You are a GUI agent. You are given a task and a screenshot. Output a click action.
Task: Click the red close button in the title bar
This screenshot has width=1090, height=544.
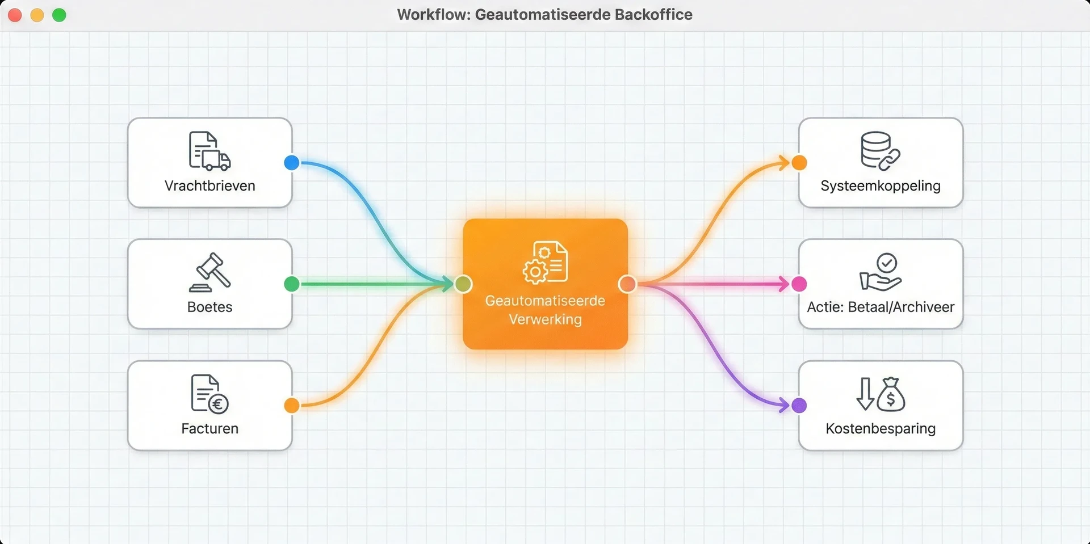(x=15, y=15)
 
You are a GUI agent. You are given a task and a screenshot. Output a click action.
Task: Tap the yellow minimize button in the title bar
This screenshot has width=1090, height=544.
(x=37, y=15)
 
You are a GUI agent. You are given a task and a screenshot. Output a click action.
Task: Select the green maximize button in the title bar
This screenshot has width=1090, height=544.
(x=59, y=15)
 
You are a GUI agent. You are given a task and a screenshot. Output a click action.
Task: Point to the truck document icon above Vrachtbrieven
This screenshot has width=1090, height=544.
(x=209, y=151)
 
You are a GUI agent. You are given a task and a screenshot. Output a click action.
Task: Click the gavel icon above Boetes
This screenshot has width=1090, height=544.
(x=210, y=272)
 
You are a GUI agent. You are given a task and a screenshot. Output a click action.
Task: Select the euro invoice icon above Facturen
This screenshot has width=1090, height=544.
(x=209, y=394)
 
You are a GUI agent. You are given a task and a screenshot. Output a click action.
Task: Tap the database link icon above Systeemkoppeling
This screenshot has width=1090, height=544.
(x=880, y=151)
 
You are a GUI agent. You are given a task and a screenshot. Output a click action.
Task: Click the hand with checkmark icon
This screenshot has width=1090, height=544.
(x=881, y=272)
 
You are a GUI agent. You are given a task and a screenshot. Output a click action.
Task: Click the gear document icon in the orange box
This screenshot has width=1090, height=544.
(x=545, y=262)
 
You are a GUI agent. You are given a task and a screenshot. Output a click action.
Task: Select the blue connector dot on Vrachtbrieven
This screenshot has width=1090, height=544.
(x=292, y=163)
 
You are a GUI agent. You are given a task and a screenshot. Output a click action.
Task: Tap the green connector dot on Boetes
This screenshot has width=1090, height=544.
(x=292, y=284)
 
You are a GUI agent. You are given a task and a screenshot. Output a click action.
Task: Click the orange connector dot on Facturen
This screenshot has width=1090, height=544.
(x=292, y=406)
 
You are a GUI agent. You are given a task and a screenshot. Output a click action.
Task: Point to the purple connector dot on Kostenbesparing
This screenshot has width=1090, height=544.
(x=799, y=406)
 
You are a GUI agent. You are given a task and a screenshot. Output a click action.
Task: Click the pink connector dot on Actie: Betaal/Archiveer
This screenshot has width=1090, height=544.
(x=799, y=284)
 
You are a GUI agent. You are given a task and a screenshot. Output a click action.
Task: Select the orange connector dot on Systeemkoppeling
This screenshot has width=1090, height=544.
(x=799, y=163)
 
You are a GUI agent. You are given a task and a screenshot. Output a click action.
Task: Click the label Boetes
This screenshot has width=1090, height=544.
(x=210, y=307)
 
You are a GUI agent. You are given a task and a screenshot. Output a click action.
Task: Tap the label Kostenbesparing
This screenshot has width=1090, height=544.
(x=881, y=429)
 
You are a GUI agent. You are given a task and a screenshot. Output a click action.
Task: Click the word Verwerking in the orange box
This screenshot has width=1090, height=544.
(x=545, y=320)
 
